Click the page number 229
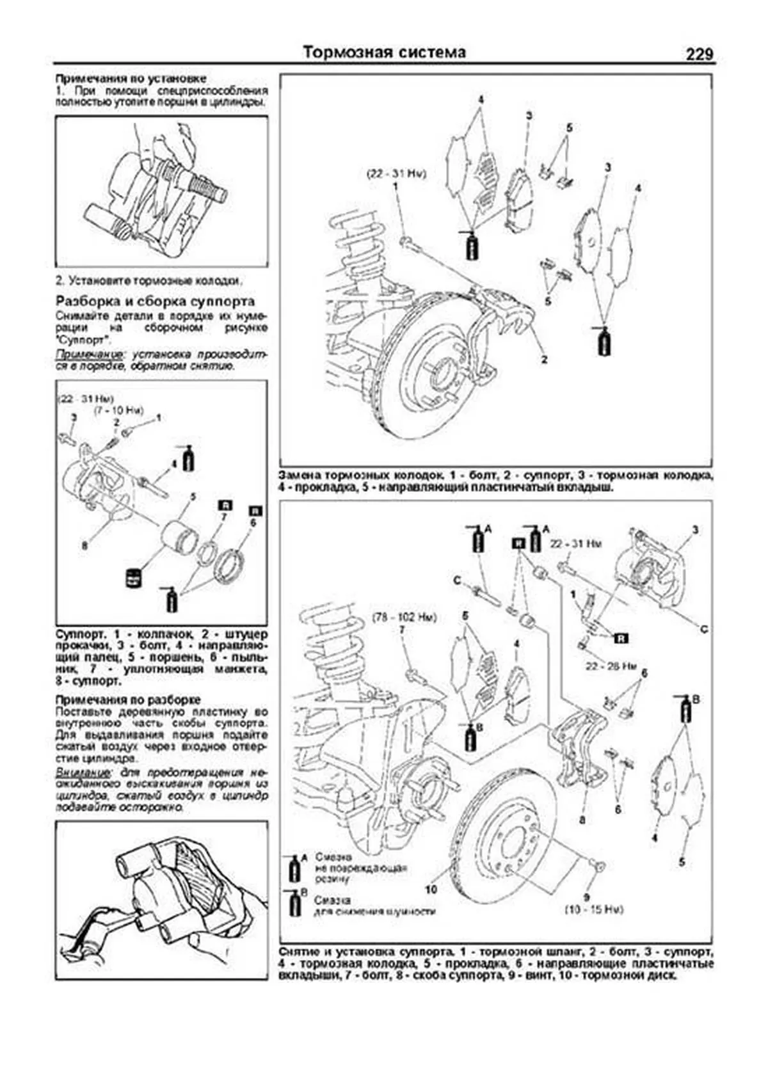pyautogui.click(x=699, y=54)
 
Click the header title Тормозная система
pyautogui.click(x=384, y=52)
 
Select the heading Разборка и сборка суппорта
pyautogui.click(x=156, y=301)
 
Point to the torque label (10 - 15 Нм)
pyautogui.click(x=593, y=909)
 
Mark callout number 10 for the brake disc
pyautogui.click(x=430, y=890)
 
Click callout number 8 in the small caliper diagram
pyautogui.click(x=84, y=546)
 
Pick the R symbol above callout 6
pyautogui.click(x=255, y=510)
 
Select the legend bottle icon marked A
pyautogui.click(x=295, y=868)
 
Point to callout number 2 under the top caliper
pyautogui.click(x=544, y=360)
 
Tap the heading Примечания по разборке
pyautogui.click(x=128, y=700)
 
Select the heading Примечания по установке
pyautogui.click(x=131, y=78)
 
